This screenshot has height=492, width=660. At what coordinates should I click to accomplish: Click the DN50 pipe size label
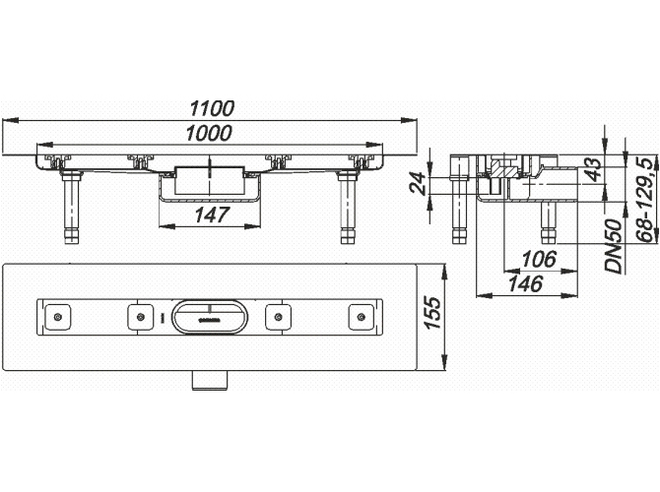click(612, 247)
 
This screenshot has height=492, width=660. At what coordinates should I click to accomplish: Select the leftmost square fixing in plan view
click(60, 316)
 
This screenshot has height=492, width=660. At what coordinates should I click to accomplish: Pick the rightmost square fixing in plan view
click(362, 316)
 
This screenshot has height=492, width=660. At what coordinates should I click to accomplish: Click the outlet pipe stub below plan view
click(210, 378)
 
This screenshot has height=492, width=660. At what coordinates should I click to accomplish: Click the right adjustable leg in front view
click(346, 209)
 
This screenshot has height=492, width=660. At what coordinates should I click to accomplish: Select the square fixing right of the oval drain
click(282, 316)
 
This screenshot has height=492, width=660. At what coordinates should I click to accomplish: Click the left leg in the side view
click(457, 211)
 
